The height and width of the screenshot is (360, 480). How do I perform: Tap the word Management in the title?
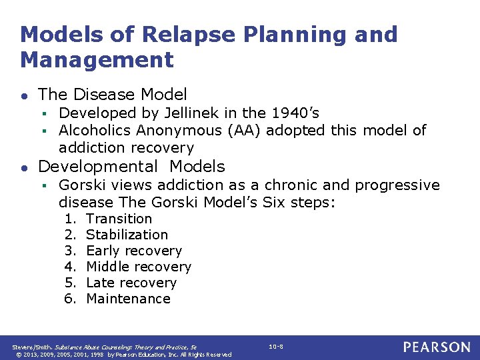pyautogui.click(x=97, y=60)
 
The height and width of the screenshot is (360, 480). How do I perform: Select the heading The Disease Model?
pyautogui.click(x=112, y=95)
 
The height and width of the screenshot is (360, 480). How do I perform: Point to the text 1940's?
pyautogui.click(x=292, y=113)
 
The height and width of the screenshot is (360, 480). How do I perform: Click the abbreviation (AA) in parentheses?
pyautogui.click(x=243, y=131)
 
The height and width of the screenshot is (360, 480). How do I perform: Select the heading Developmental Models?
pyautogui.click(x=131, y=167)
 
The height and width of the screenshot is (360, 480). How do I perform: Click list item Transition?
pyautogui.click(x=119, y=219)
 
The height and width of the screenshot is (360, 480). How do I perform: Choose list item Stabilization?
pyautogui.click(x=127, y=235)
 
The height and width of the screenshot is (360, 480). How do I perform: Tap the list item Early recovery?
pyautogui.click(x=133, y=251)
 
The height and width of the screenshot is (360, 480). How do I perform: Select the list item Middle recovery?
pyautogui.click(x=138, y=267)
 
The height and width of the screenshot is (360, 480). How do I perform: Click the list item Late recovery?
pyautogui.click(x=131, y=283)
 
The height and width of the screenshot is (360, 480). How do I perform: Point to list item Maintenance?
pyautogui.click(x=128, y=299)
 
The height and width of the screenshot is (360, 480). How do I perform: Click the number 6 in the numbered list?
pyautogui.click(x=69, y=299)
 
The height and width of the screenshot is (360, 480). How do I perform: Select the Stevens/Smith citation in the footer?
pyautogui.click(x=105, y=347)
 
